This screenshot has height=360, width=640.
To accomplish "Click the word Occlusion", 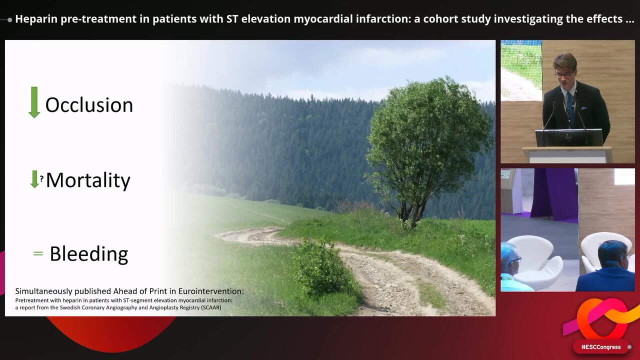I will click(89, 105).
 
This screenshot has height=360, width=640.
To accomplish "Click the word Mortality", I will click(88, 180).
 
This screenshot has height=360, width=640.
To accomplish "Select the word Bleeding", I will click(88, 254).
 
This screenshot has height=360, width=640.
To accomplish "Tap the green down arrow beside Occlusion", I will click(34, 102).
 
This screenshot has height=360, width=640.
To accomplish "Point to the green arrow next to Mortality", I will click(34, 179).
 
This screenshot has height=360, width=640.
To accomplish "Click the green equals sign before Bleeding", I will click(38, 253).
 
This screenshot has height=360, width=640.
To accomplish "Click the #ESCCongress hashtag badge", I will click(601, 346).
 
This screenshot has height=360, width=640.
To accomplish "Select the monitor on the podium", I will click(569, 137).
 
